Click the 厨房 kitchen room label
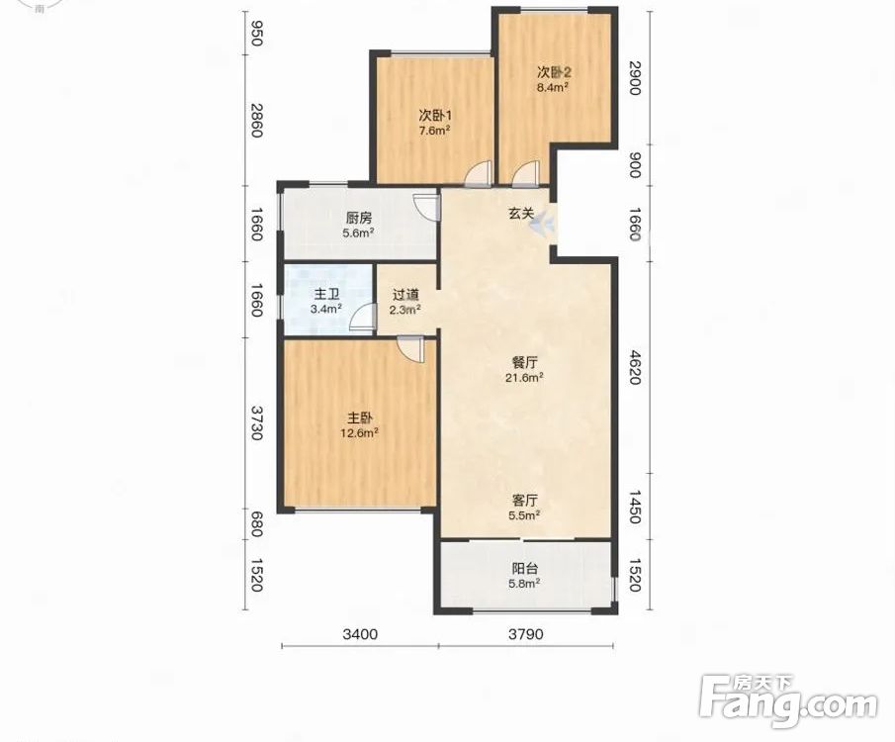point(359,219)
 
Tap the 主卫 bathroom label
point(326,295)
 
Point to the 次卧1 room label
point(435,116)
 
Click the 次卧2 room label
point(554,72)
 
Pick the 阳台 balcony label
point(524,569)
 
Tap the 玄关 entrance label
point(522,215)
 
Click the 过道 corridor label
point(405,295)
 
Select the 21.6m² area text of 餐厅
point(524,378)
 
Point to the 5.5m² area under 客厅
point(524,515)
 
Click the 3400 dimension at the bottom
point(360,634)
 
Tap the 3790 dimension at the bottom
point(526,634)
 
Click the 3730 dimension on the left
point(256,423)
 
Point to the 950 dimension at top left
point(256,33)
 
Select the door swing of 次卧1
point(478,174)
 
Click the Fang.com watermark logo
point(788,701)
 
